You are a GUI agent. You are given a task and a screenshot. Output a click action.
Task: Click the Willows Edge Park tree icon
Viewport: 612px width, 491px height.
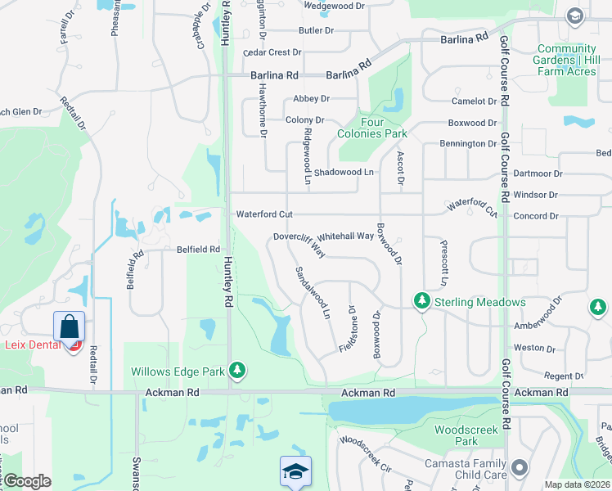[237, 371]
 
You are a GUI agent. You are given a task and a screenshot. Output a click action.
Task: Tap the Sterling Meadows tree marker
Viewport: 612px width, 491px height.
[422, 302]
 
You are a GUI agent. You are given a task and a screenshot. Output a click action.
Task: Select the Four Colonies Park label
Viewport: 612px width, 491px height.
[373, 128]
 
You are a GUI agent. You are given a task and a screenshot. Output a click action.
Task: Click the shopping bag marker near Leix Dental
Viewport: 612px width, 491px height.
[70, 327]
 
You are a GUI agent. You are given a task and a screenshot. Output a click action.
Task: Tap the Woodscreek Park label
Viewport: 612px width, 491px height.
[456, 435]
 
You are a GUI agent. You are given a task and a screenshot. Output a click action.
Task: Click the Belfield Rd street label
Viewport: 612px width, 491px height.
[198, 250]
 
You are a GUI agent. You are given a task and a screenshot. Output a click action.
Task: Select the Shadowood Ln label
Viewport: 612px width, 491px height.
[344, 172]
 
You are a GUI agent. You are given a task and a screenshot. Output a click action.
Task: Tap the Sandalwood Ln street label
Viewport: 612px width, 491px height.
[313, 292]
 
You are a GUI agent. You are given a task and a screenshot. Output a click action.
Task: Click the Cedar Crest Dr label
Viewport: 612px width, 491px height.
[268, 52]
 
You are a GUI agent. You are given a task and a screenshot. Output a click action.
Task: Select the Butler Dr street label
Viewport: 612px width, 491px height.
[317, 30]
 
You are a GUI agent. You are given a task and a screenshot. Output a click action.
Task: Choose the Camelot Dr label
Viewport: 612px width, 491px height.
[474, 101]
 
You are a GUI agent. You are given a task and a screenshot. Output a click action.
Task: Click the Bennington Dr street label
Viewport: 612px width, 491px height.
[467, 144]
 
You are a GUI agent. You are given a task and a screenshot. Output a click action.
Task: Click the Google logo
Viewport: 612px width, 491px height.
[26, 481]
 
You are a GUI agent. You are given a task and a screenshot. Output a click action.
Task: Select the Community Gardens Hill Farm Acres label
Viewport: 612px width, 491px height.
[566, 61]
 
